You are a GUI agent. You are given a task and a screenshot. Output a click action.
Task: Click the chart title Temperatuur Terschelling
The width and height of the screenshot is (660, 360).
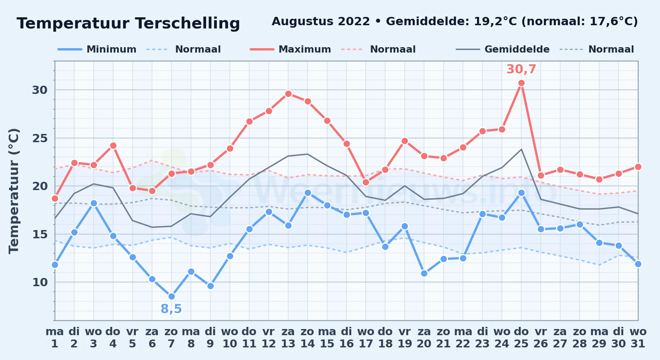[128, 23]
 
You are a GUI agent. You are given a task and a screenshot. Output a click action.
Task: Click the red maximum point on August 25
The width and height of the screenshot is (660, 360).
[521, 83]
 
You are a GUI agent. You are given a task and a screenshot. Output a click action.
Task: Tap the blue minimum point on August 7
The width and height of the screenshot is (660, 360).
[171, 296]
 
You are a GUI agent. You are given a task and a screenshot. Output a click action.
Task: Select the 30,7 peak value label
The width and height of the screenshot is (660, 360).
[521, 69]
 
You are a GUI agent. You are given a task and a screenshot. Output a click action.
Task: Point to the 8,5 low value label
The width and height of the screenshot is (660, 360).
[171, 309]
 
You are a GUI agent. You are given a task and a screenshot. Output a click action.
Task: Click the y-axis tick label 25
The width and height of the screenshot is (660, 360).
[40, 138]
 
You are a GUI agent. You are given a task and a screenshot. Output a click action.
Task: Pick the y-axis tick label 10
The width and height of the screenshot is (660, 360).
[40, 282]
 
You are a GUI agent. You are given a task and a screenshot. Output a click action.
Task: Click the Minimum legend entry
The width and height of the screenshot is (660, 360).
[97, 49]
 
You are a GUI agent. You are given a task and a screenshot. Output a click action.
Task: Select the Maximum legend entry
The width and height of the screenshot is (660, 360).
[290, 49]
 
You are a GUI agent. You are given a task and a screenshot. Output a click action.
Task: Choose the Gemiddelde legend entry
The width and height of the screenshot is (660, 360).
[503, 49]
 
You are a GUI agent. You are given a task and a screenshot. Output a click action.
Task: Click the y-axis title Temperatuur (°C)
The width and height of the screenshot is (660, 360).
[14, 191]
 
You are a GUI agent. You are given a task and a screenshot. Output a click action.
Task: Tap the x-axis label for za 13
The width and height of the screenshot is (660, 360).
[288, 338]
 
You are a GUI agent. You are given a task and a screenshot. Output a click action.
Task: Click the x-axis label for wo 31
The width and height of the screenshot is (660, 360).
[638, 338]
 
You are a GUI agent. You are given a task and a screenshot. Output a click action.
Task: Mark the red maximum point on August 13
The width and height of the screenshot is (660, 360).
[288, 94]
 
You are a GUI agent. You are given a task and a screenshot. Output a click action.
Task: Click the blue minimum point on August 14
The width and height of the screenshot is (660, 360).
[308, 193]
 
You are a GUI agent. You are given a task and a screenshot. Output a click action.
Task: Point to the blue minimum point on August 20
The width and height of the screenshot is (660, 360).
[424, 273]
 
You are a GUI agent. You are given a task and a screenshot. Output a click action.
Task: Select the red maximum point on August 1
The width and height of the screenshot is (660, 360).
[55, 198]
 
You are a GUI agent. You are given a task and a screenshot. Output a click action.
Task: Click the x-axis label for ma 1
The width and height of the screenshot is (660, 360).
[55, 338]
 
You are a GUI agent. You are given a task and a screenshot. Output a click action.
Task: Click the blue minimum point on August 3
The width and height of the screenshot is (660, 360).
[94, 203]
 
